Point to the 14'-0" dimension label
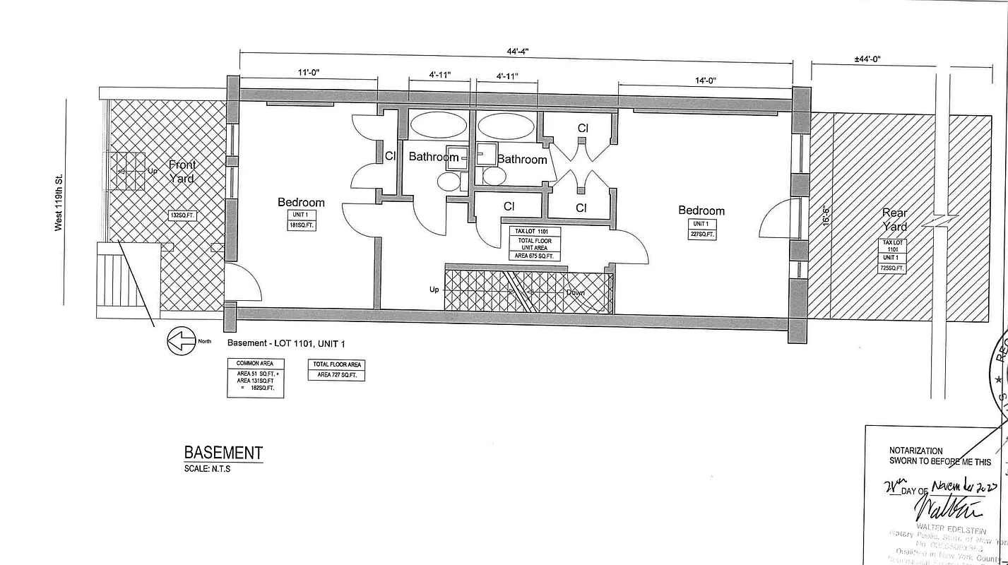click(x=704, y=81)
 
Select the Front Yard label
click(x=182, y=172)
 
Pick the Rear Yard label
click(x=894, y=220)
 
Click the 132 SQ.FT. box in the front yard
click(x=182, y=215)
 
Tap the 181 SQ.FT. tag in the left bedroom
click(x=302, y=220)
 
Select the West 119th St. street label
click(x=59, y=202)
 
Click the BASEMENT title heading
click(x=223, y=453)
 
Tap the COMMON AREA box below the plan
click(x=255, y=378)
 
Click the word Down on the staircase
click(x=575, y=292)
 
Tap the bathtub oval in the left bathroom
click(x=439, y=126)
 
